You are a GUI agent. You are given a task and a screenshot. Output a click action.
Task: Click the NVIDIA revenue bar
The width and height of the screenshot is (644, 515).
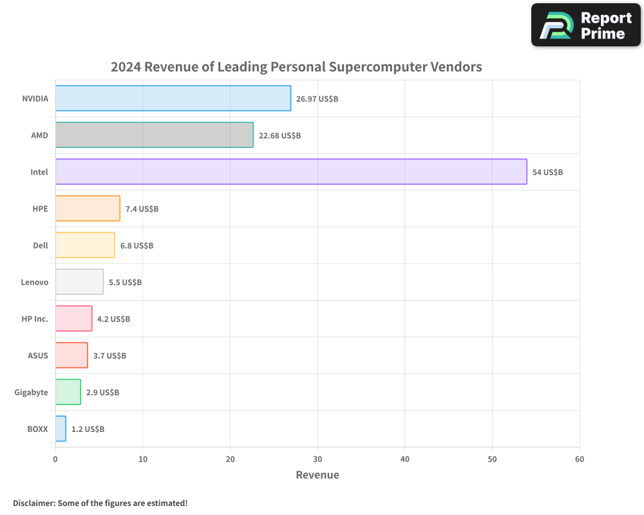coord(173,98)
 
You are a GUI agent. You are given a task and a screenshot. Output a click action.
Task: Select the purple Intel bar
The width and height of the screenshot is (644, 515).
coord(291,172)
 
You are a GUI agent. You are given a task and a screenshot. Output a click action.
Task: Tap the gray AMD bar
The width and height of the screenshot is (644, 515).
coord(154,135)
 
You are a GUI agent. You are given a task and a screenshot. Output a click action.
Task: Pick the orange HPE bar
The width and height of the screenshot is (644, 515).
coord(88,209)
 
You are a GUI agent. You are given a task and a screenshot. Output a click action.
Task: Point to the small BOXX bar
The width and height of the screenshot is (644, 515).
coord(61,429)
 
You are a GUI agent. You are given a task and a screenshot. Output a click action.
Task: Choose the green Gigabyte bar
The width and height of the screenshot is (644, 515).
coord(68,392)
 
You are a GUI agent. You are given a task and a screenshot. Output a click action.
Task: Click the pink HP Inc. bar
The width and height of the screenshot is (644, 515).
coord(73,319)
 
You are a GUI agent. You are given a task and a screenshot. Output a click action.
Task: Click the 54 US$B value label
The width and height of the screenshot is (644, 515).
coord(547,173)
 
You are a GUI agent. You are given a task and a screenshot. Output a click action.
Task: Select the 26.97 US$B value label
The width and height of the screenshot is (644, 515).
coord(317,99)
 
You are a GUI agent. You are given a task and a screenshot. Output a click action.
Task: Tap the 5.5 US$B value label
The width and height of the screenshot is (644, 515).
coord(125,283)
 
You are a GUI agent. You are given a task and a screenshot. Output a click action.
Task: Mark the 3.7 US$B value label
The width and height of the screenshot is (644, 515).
coord(109,356)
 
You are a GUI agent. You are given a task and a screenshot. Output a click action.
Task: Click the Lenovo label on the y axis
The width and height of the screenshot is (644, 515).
coord(34,282)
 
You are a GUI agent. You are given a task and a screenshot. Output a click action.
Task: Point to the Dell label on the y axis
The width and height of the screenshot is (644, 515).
coord(41,245)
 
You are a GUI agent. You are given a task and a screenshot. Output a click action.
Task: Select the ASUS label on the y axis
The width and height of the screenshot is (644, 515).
coord(37,355)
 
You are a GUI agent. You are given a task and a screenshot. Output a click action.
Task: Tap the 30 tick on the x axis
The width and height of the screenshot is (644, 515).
coord(317,459)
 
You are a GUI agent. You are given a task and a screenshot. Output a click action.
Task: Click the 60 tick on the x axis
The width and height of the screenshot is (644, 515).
coord(580,459)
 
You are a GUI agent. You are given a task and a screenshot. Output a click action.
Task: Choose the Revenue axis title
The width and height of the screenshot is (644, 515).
coord(317,475)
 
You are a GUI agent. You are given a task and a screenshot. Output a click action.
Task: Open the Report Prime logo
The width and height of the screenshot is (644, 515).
coord(586,25)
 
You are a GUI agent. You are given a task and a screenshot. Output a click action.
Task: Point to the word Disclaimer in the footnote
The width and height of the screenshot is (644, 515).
coord(33,503)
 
